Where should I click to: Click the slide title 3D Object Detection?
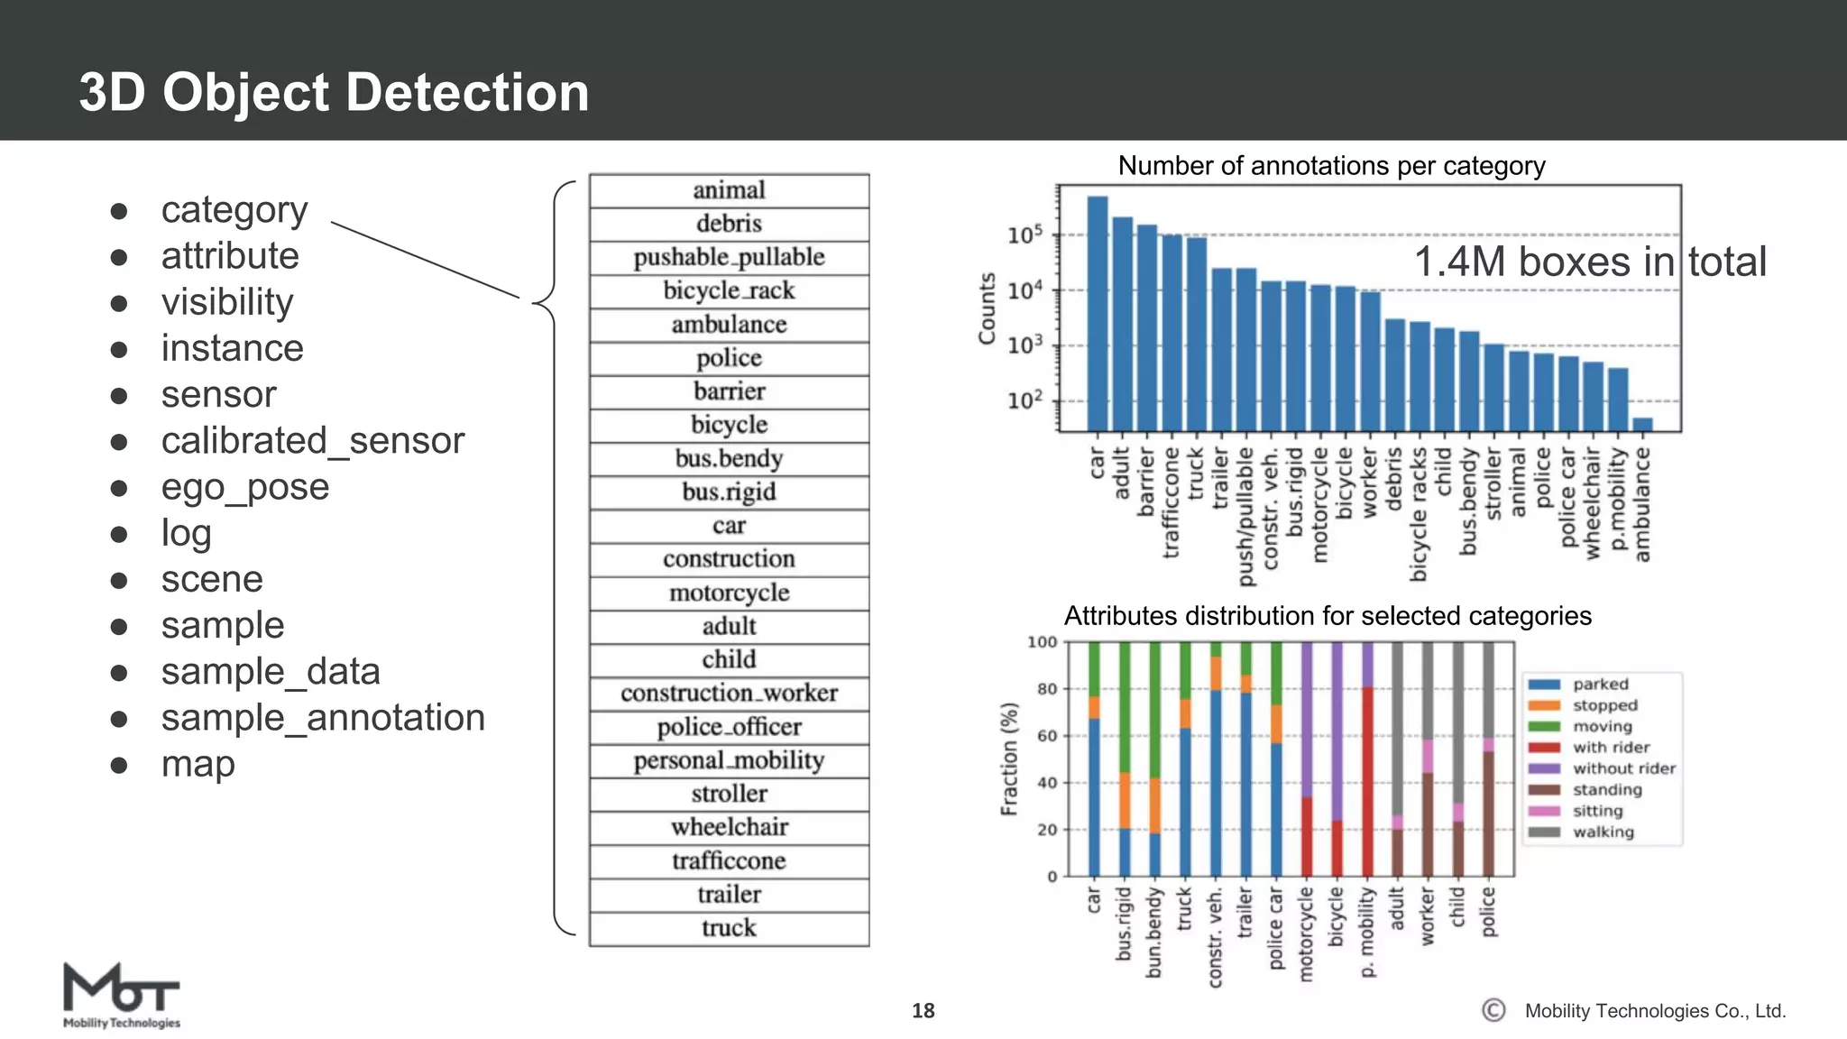[x=334, y=92]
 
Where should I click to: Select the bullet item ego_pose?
[x=244, y=487]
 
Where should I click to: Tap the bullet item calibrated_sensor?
[x=312, y=441]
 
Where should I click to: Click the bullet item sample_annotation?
[x=322, y=718]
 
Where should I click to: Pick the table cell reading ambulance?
[x=729, y=325]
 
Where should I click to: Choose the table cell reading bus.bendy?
[x=729, y=459]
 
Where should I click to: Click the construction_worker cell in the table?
[x=729, y=694]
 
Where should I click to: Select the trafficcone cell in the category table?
[x=729, y=861]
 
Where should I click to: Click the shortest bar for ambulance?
[x=1642, y=424]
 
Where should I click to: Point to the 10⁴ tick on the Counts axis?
[x=1025, y=290]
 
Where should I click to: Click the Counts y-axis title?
[x=988, y=308]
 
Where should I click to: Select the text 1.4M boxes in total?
[x=1589, y=262]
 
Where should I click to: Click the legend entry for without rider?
[x=1623, y=768]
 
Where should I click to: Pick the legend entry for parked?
[x=1600, y=685]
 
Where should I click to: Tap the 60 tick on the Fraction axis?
[x=1046, y=736]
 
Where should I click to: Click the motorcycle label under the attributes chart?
[x=1306, y=933]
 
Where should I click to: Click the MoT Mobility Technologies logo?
[x=121, y=996]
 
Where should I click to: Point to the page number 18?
[x=923, y=1011]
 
